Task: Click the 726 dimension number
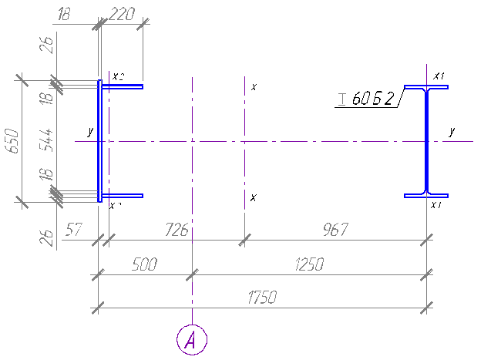178,229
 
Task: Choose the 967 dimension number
336,229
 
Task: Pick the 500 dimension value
145,264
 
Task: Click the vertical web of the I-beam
426,140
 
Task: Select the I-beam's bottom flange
426,195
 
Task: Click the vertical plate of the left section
99,140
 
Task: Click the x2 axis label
117,76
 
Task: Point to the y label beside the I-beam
452,132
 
